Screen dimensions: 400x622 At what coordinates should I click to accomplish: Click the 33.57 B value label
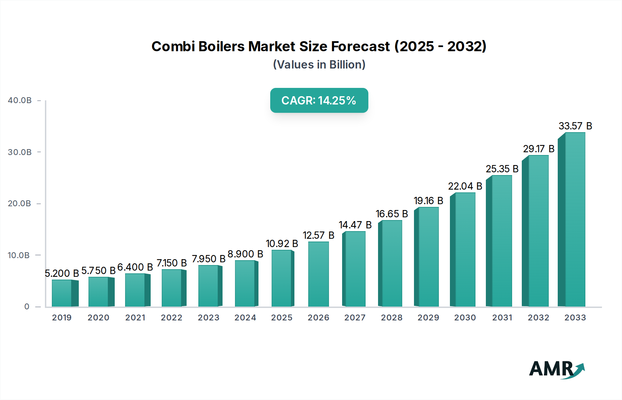point(575,126)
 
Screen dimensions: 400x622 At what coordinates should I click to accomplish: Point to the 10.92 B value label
point(282,244)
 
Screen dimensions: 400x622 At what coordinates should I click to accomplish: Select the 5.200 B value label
point(62,273)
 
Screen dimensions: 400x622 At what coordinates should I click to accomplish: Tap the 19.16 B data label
point(428,201)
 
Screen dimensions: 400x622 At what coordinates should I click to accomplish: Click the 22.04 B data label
point(465,186)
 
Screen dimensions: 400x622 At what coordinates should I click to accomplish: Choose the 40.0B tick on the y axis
point(20,100)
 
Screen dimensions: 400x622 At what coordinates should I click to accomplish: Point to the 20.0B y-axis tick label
point(20,203)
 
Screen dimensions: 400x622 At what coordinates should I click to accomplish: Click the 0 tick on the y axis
point(27,307)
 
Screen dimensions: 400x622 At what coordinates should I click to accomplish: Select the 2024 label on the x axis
point(245,318)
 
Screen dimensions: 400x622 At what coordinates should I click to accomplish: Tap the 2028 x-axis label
point(392,318)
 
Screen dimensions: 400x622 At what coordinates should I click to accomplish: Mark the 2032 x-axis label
point(538,318)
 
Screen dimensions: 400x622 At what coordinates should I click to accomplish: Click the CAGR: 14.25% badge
point(319,100)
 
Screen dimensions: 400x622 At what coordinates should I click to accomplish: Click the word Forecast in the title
point(360,46)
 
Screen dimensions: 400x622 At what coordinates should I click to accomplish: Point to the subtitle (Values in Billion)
point(319,65)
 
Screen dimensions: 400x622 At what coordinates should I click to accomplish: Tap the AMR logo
point(556,369)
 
